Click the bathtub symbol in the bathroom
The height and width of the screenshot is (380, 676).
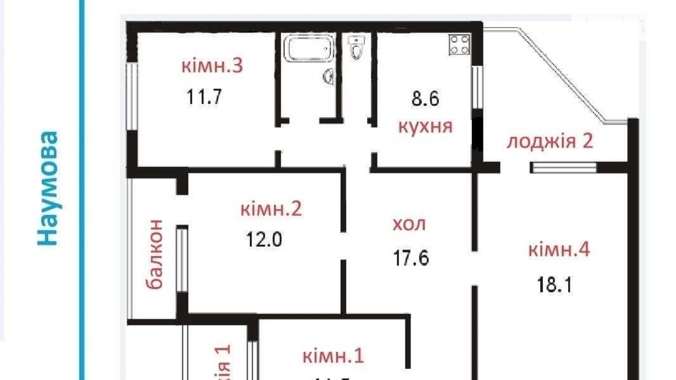(x=309, y=48)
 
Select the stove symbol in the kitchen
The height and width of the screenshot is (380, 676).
(x=459, y=45)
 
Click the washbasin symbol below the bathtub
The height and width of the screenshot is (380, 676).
(x=328, y=77)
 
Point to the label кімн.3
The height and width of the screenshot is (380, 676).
(x=212, y=66)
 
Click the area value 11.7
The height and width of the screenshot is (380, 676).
(x=204, y=97)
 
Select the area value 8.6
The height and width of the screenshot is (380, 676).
(x=425, y=99)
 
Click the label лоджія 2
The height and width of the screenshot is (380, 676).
(x=550, y=141)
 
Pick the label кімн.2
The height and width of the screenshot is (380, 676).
(x=271, y=209)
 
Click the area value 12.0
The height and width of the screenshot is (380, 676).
(x=264, y=240)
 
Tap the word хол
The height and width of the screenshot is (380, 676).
(x=409, y=224)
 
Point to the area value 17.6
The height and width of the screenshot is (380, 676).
(x=411, y=258)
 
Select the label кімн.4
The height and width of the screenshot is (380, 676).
(x=559, y=250)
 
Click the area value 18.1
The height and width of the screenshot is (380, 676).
(x=554, y=285)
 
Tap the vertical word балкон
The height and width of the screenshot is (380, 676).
(x=155, y=254)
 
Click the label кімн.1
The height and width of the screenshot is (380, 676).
(x=333, y=356)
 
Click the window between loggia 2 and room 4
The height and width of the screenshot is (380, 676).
(x=563, y=168)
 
